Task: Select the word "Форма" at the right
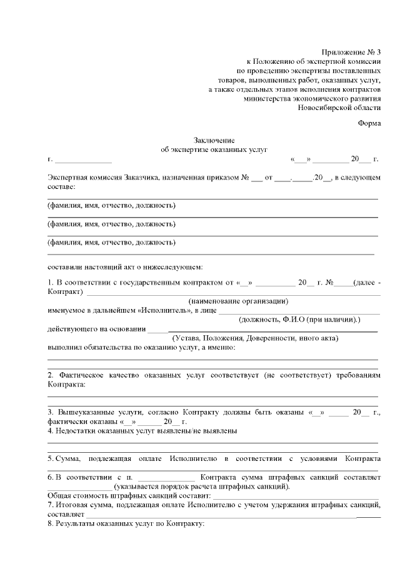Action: tap(369, 123)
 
